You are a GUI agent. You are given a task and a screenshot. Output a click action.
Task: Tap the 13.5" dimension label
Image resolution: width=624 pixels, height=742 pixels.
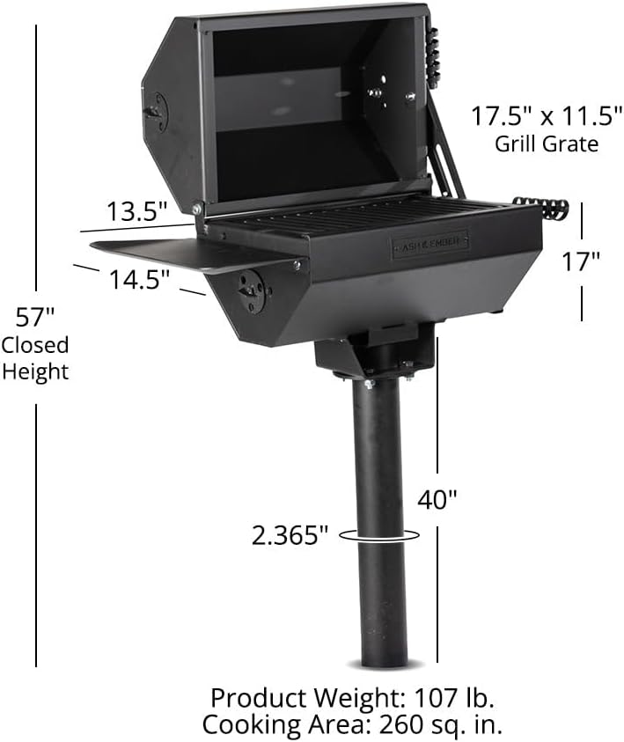136,212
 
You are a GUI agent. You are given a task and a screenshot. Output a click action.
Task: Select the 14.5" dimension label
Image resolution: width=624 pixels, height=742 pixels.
138,280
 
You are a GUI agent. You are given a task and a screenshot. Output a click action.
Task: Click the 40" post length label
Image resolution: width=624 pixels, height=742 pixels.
437,500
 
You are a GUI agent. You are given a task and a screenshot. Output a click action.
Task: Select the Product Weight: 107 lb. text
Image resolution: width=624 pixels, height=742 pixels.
352,699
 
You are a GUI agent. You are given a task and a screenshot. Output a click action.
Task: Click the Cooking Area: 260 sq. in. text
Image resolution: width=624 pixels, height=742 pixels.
352,724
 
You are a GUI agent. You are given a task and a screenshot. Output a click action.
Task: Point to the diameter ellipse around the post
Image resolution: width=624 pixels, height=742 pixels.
378,533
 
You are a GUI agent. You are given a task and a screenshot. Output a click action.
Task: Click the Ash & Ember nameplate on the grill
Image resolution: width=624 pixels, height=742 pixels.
429,244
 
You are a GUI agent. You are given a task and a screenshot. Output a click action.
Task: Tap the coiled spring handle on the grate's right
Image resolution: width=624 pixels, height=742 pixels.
540,209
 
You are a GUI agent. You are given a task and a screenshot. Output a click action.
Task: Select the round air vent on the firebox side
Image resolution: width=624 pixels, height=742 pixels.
252,290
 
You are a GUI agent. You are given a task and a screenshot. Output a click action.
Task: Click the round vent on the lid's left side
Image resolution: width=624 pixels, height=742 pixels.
156,112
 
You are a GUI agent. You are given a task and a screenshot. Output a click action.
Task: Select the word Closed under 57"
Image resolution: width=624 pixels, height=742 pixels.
35,345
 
